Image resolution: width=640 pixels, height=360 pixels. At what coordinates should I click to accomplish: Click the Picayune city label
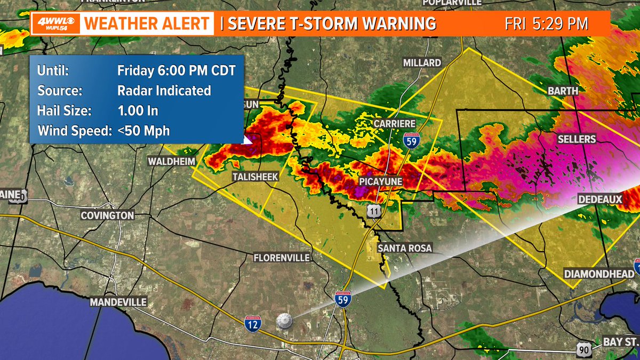tap(380, 182)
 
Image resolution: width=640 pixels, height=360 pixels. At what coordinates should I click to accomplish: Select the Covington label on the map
tap(107, 215)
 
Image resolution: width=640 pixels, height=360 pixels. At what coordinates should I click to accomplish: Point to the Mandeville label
tap(118, 302)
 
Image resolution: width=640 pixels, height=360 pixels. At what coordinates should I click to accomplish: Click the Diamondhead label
tap(601, 274)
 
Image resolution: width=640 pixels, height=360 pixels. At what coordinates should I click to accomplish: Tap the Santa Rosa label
tap(405, 249)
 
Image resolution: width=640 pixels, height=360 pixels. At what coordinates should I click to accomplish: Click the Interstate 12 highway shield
tap(253, 324)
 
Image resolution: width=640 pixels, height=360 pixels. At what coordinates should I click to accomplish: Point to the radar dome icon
tap(285, 321)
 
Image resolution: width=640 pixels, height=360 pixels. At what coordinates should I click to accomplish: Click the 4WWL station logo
tap(56, 24)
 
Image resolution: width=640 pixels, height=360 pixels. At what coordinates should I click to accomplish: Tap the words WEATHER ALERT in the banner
tap(147, 24)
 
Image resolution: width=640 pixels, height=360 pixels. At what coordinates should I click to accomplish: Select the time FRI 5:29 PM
tap(546, 24)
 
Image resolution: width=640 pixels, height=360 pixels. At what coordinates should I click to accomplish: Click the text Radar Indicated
tap(164, 91)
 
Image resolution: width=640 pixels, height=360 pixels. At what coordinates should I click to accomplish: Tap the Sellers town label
tap(576, 139)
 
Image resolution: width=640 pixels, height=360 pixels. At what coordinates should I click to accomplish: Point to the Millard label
tap(422, 63)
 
